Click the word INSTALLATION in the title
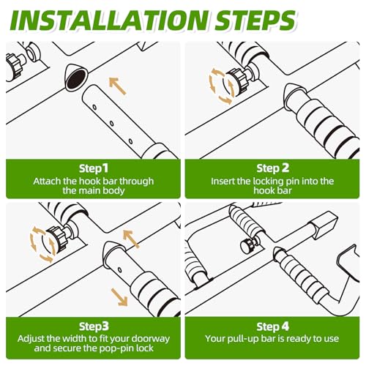click(x=109, y=20)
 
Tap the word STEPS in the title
click(x=255, y=20)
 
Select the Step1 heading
click(x=94, y=168)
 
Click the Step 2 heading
click(x=272, y=168)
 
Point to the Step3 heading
click(x=94, y=326)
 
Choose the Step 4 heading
click(x=272, y=326)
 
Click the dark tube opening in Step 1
click(x=76, y=78)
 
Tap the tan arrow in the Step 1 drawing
click(x=117, y=86)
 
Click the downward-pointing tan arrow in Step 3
click(x=119, y=297)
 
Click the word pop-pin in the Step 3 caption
click(x=116, y=348)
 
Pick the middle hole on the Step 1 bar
click(x=112, y=124)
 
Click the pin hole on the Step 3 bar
click(x=120, y=270)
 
